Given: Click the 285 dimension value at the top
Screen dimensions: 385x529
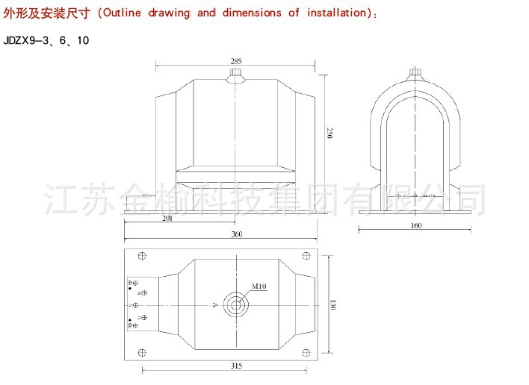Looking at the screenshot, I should pyautogui.click(x=235, y=61).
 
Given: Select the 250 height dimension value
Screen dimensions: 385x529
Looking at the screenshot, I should pyautogui.click(x=330, y=134).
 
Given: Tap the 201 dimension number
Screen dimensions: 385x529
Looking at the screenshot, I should pyautogui.click(x=167, y=219).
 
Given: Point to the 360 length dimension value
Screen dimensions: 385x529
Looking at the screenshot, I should pyautogui.click(x=237, y=235).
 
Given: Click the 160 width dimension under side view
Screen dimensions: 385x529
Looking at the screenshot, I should pyautogui.click(x=416, y=225).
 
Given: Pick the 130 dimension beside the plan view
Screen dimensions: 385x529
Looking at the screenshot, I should pyautogui.click(x=330, y=304).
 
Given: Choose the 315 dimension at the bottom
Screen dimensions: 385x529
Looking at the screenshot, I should pyautogui.click(x=237, y=366).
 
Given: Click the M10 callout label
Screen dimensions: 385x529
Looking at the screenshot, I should pyautogui.click(x=259, y=287).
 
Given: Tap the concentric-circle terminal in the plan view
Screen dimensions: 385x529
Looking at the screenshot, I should pyautogui.click(x=238, y=304).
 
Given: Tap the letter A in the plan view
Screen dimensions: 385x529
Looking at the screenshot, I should pyautogui.click(x=214, y=305).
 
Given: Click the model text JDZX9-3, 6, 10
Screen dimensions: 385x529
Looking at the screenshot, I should pyautogui.click(x=46, y=40).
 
